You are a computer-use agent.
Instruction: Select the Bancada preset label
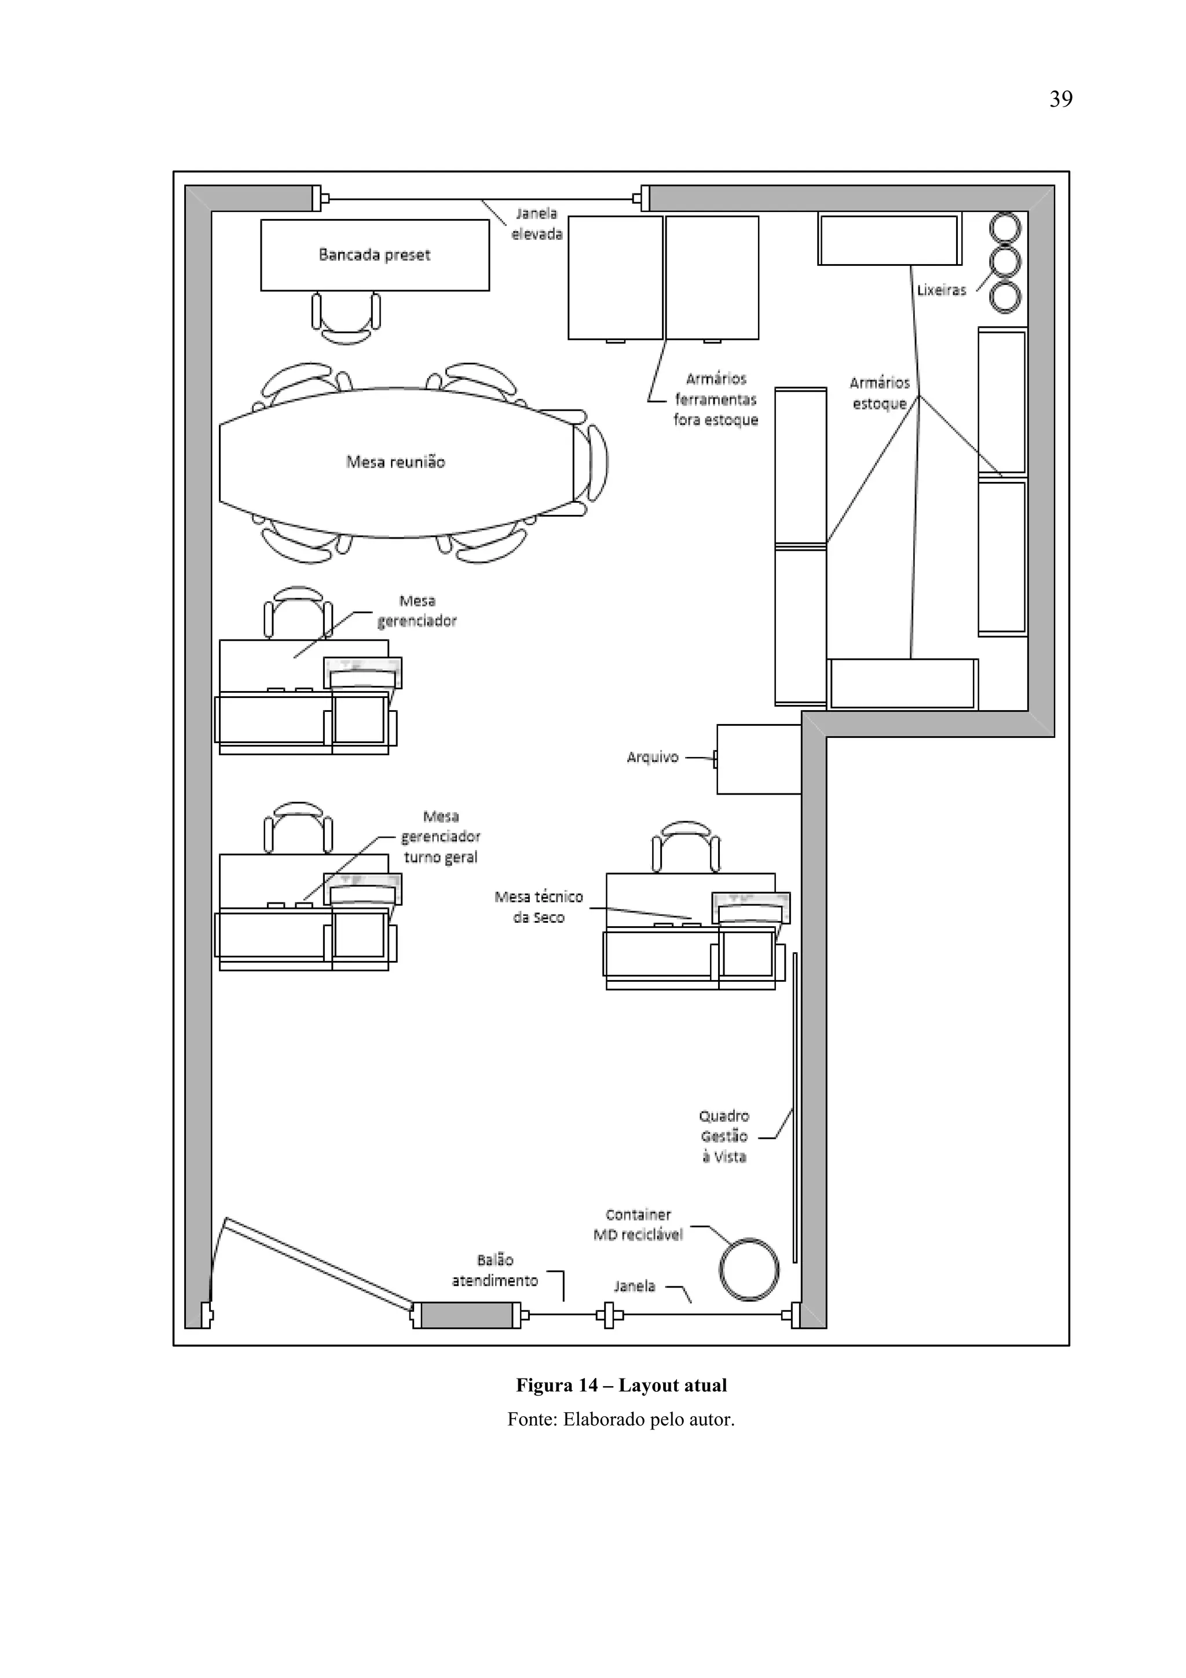point(374,255)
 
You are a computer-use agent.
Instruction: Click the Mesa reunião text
point(396,462)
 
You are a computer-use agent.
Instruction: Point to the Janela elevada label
point(536,224)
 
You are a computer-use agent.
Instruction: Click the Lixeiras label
point(941,290)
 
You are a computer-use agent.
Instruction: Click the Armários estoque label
point(880,393)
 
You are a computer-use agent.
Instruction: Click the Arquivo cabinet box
point(759,759)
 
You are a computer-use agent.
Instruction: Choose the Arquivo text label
point(653,757)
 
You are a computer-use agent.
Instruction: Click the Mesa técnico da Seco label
point(539,907)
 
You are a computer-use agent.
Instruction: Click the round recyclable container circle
point(748,1270)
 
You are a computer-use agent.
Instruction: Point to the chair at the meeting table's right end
point(596,463)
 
